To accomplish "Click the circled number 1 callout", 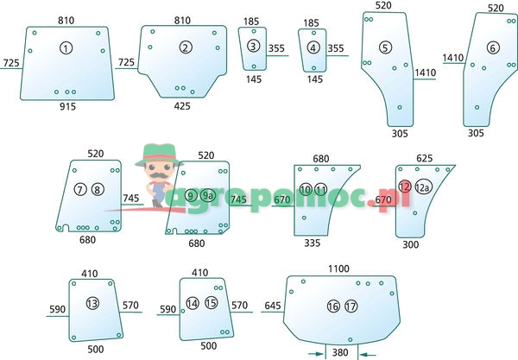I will pyautogui.click(x=67, y=48).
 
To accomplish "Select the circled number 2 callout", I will pyautogui.click(x=186, y=48).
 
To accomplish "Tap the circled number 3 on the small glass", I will pyautogui.click(x=253, y=46).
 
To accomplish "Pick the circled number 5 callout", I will pyautogui.click(x=313, y=47).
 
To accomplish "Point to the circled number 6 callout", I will pyautogui.click(x=386, y=47).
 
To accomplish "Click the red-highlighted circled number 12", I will pyautogui.click(x=493, y=48).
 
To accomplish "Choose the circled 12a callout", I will pyautogui.click(x=405, y=187).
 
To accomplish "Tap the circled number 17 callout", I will pyautogui.click(x=350, y=306).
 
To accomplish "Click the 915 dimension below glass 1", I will pyautogui.click(x=67, y=106).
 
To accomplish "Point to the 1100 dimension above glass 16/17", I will pyautogui.click(x=338, y=269).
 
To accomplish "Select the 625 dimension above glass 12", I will pyautogui.click(x=425, y=158).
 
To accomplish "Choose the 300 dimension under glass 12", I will pyautogui.click(x=410, y=244).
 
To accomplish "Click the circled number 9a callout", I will pyautogui.click(x=207, y=196).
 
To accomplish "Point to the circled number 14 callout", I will pyautogui.click(x=193, y=303).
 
